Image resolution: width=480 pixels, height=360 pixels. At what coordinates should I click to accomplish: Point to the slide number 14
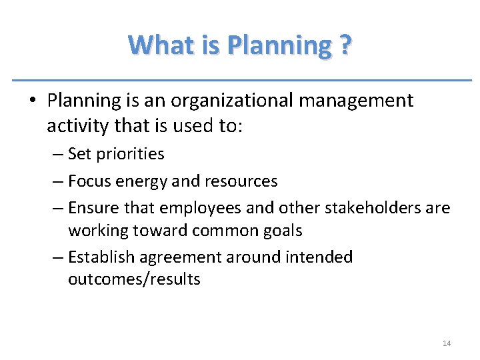pyautogui.click(x=447, y=343)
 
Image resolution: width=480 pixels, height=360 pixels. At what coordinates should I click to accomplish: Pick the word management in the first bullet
pyautogui.click(x=361, y=101)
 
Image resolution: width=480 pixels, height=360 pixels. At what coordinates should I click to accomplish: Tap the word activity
pyautogui.click(x=79, y=126)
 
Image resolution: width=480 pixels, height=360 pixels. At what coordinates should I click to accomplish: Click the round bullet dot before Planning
pyautogui.click(x=32, y=101)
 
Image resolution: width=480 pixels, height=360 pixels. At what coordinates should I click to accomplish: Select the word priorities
pyautogui.click(x=130, y=154)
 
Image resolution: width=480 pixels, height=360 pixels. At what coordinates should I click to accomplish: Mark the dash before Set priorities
pyautogui.click(x=58, y=154)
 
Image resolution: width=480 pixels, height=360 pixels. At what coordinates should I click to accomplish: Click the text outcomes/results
pyautogui.click(x=134, y=279)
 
